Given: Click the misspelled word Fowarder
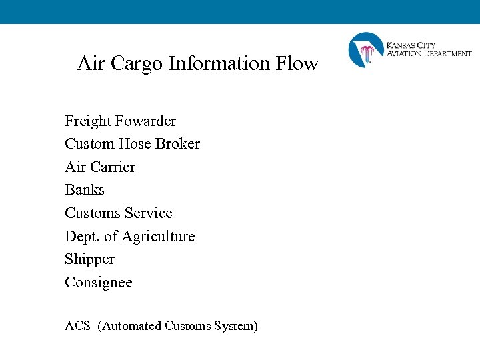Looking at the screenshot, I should tap(145, 121).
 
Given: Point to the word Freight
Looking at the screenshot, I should tap(88, 121).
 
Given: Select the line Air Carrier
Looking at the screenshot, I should tap(100, 167).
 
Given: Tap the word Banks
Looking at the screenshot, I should tap(85, 190).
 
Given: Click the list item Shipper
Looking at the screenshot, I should tap(89, 259).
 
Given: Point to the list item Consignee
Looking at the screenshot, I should tap(99, 283).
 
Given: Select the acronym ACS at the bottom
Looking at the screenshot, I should tap(77, 326).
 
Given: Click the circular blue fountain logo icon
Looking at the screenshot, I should tap(366, 50).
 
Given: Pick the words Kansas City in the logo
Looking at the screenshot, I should tap(411, 45).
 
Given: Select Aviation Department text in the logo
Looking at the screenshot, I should tap(429, 53).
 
